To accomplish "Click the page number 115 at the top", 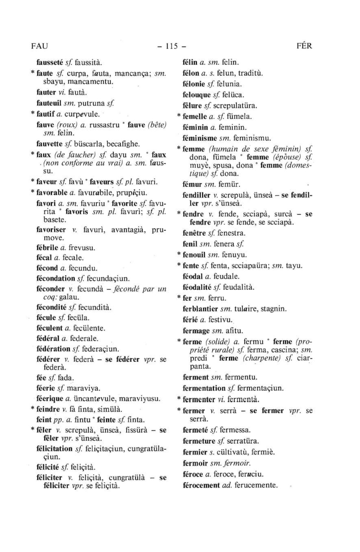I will click(x=171, y=46).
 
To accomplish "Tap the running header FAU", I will click(x=39, y=46).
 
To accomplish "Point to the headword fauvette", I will click(x=50, y=144).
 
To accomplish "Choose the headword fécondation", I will click(x=56, y=278).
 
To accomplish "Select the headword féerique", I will click(x=50, y=399).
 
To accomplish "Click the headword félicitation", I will click(x=54, y=449).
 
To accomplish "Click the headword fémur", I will click(x=191, y=184).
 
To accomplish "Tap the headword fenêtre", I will click(x=194, y=233).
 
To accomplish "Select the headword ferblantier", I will click(x=200, y=309).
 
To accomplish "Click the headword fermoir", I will click(x=195, y=463).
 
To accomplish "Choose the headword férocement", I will click(x=201, y=485).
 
